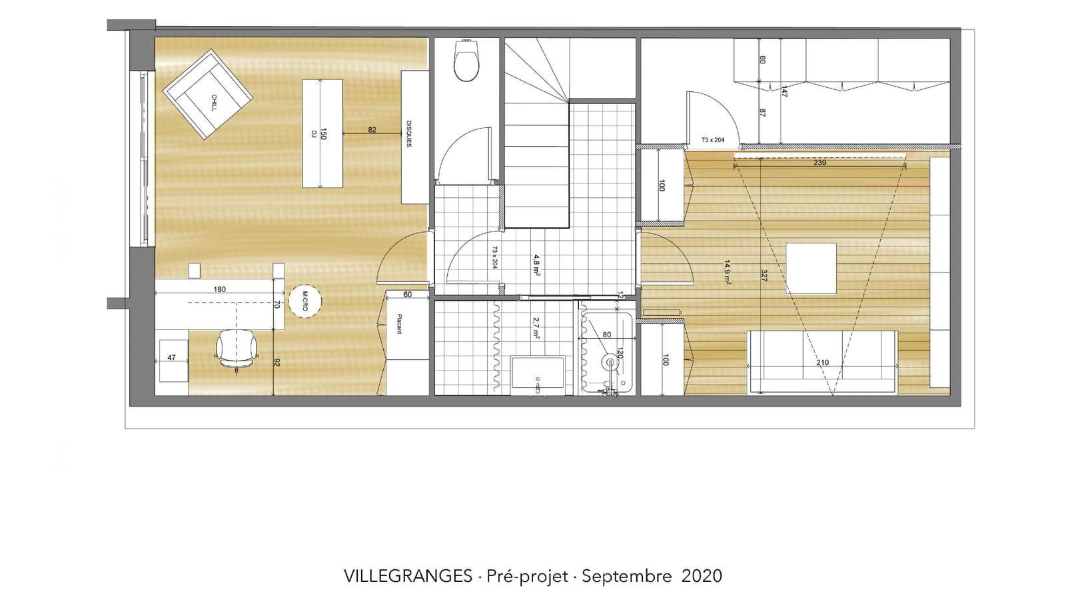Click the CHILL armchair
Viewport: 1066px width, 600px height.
click(x=207, y=94)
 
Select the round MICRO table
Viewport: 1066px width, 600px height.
click(x=305, y=301)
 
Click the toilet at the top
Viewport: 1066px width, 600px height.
click(x=466, y=61)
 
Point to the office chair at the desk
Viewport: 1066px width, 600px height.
click(x=237, y=349)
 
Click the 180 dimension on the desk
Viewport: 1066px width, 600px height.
click(x=219, y=289)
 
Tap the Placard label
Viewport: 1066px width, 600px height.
click(x=400, y=324)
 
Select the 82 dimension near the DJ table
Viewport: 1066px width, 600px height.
click(x=372, y=129)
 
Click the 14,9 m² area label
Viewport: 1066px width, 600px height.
click(x=727, y=272)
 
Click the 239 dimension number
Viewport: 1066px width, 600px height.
click(x=820, y=163)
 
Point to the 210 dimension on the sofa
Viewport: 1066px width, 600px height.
click(x=822, y=363)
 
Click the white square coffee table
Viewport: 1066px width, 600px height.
click(x=811, y=269)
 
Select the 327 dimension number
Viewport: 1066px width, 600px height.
click(x=764, y=276)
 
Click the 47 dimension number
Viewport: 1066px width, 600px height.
click(x=171, y=357)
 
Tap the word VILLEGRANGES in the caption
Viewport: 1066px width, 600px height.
click(x=408, y=576)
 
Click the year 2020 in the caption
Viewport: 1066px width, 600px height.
click(x=702, y=576)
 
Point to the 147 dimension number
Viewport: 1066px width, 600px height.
click(x=784, y=91)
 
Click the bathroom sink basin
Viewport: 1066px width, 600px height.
click(x=538, y=374)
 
